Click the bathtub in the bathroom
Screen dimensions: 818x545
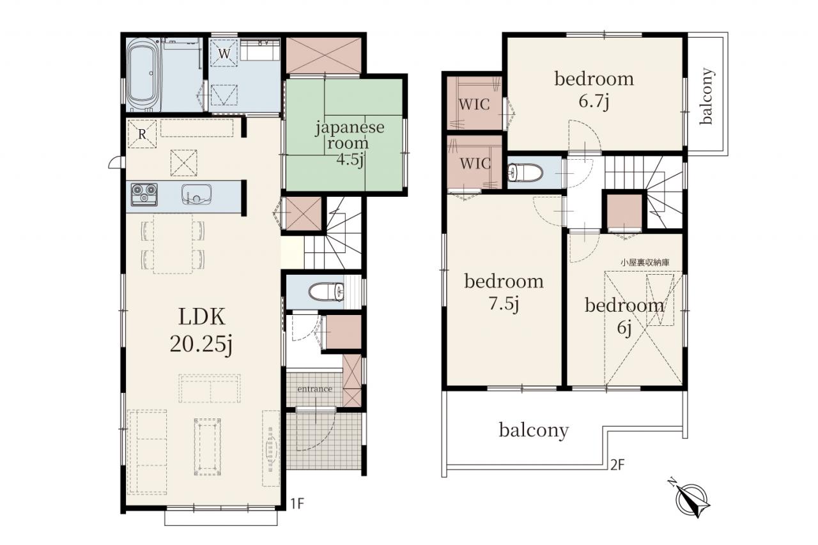(144, 75)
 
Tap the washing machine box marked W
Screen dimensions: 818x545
(224, 53)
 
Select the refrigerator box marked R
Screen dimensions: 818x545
(142, 134)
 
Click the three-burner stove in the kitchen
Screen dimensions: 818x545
(144, 194)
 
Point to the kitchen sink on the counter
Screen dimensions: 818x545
(196, 194)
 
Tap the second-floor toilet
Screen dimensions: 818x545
(525, 173)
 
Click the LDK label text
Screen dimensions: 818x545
(201, 316)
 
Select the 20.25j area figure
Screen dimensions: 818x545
(201, 344)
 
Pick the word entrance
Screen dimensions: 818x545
(314, 389)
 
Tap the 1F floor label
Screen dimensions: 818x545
(297, 504)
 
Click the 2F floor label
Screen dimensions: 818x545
(617, 465)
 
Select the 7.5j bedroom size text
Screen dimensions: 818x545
(504, 303)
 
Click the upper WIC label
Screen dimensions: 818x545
(474, 105)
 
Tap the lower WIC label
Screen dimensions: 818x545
(475, 164)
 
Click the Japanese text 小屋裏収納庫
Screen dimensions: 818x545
(645, 263)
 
